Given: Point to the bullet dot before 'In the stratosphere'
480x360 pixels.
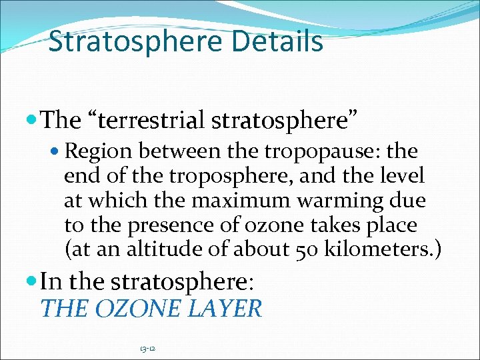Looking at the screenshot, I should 33,281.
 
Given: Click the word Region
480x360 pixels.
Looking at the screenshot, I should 99,151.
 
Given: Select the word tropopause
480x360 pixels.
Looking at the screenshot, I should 313,151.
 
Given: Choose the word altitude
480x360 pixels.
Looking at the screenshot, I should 165,249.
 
